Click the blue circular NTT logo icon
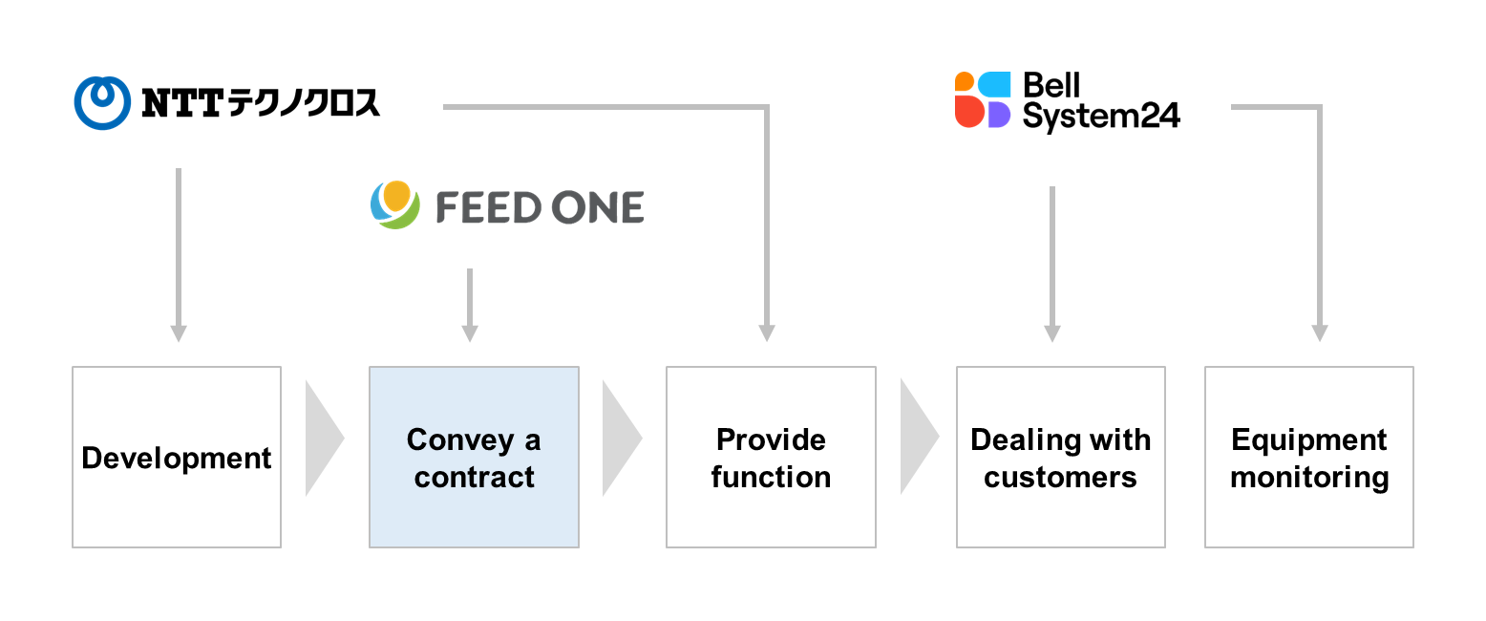click(102, 103)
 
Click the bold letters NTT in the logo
click(183, 103)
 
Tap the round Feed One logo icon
click(394, 205)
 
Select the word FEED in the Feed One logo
click(488, 207)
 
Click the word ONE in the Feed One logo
click(597, 207)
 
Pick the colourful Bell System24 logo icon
click(983, 99)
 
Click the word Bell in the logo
click(1051, 86)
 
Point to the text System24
click(1101, 117)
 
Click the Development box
click(177, 457)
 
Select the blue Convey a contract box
click(474, 457)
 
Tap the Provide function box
click(771, 457)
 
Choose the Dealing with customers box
click(1061, 457)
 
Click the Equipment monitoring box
click(1309, 457)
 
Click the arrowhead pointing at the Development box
click(179, 333)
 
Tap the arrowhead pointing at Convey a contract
click(470, 333)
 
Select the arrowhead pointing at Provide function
click(767, 333)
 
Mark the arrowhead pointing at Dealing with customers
click(1052, 333)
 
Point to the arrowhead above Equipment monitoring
click(1320, 333)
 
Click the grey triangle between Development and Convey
click(322, 438)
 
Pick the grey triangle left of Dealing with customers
click(917, 437)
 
